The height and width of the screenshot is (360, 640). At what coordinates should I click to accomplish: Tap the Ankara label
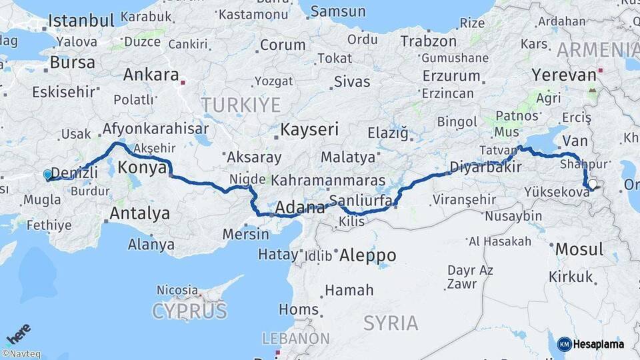click(x=151, y=75)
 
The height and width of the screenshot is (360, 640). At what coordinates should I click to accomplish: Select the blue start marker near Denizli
click(x=47, y=175)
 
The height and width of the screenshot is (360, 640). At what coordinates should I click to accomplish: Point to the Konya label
click(x=142, y=168)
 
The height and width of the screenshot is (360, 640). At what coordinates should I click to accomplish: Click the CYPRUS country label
click(x=189, y=311)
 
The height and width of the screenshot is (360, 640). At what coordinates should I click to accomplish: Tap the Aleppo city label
click(x=367, y=255)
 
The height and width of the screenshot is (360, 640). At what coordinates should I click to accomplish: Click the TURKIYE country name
click(x=241, y=105)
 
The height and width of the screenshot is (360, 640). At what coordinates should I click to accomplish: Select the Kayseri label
click(x=309, y=129)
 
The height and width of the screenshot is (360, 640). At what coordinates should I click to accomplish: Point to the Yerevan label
click(x=564, y=75)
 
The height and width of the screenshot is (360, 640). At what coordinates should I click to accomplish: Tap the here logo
click(x=18, y=333)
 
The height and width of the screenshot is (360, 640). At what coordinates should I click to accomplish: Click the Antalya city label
click(x=139, y=214)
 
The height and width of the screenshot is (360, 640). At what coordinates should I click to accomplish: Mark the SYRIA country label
click(x=391, y=323)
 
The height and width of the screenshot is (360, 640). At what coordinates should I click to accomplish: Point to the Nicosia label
click(x=177, y=290)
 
